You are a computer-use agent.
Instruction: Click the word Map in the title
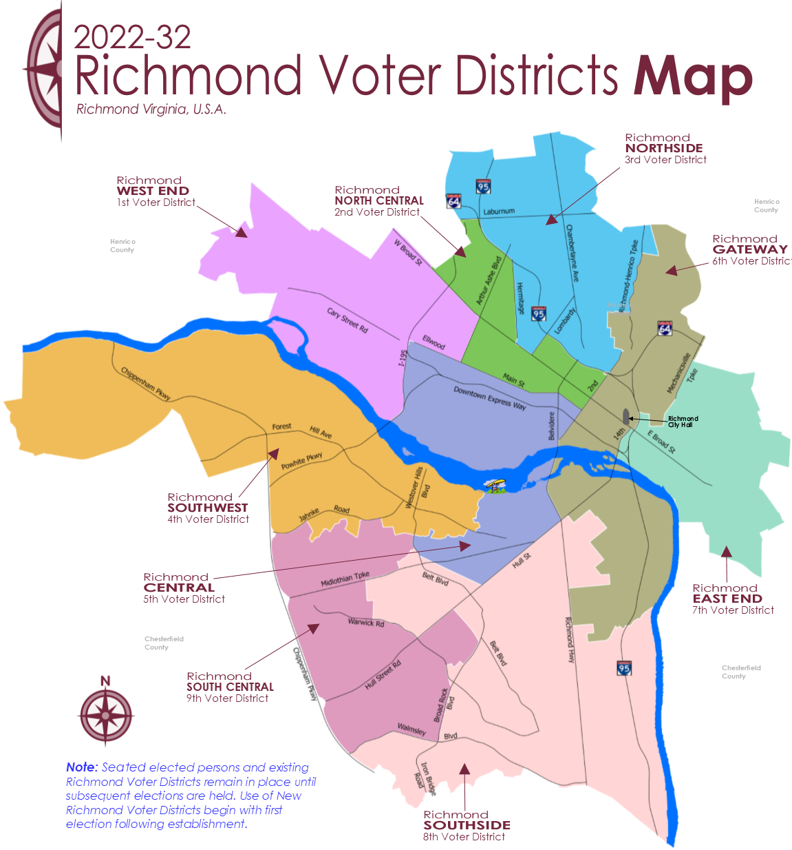pos(692,77)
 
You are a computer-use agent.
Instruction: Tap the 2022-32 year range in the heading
pos(132,37)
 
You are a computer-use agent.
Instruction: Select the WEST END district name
pos(153,191)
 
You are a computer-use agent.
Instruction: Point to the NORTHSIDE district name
pos(664,148)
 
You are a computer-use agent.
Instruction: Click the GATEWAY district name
pos(750,249)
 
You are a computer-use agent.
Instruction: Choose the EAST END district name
pos(727,599)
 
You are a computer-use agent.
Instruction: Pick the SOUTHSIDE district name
pos(467,825)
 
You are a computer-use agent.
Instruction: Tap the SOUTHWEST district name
pos(207,508)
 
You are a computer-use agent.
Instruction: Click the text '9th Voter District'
pos(227,698)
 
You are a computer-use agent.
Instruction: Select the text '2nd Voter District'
pos(376,212)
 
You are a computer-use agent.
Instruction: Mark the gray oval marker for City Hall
pos(625,417)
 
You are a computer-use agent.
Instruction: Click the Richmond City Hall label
pos(683,422)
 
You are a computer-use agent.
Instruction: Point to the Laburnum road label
pos(498,211)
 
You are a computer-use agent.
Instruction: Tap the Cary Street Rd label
pos(347,320)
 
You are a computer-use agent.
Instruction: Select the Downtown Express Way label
pos(489,398)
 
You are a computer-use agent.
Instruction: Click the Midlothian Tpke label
pos(345,579)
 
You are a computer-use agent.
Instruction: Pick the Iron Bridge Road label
pos(425,778)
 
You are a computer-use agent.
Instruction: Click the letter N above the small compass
pos(105,681)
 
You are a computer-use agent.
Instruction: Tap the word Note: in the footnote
pos(82,767)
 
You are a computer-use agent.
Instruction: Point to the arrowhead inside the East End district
pos(727,551)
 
